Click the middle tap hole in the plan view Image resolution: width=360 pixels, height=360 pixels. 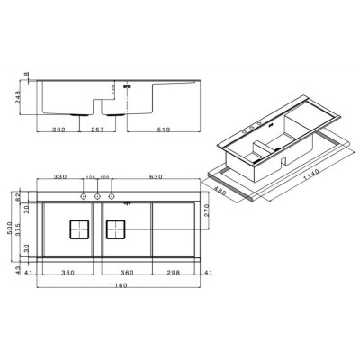coord(98,195)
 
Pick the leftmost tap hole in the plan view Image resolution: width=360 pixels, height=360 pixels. coord(85,195)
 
